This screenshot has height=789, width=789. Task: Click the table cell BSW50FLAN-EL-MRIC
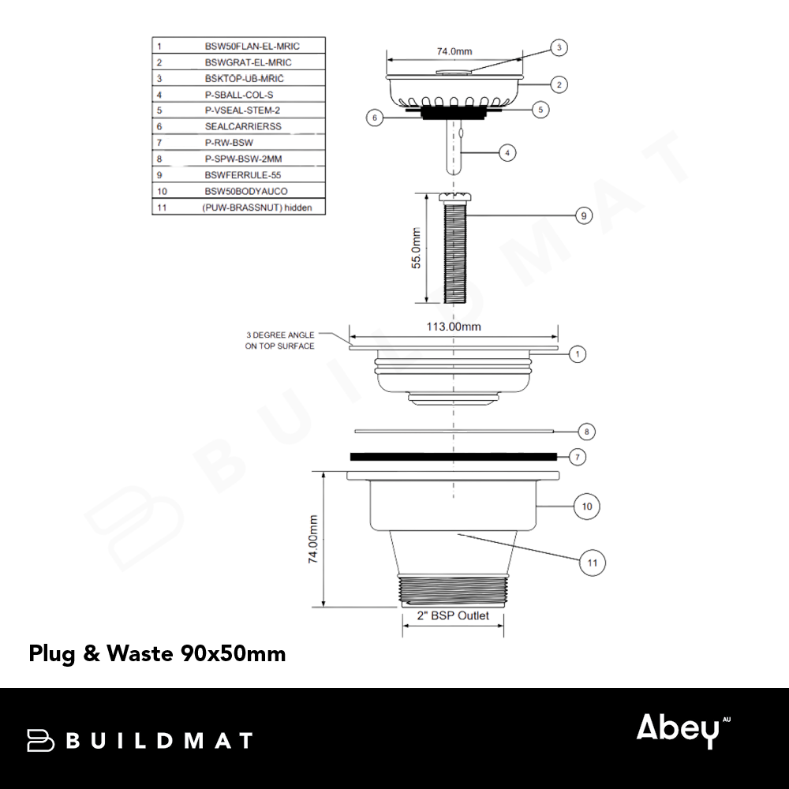tap(252, 47)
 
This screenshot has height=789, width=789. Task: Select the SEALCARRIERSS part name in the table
tap(243, 126)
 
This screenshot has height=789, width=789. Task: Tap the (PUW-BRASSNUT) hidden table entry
tap(257, 208)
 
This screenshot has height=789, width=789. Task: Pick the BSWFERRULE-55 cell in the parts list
tap(242, 175)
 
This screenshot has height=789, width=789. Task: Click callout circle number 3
tap(559, 48)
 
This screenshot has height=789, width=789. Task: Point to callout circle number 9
tap(584, 216)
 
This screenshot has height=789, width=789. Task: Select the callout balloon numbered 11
tap(593, 563)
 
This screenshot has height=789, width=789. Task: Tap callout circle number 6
tap(374, 118)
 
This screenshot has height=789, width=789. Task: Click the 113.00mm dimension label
tap(454, 327)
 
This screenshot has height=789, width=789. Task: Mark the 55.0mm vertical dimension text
tap(416, 248)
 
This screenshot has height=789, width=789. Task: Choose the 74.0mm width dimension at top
tap(454, 51)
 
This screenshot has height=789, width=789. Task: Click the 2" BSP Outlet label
tap(453, 616)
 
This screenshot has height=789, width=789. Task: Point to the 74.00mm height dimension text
tap(313, 539)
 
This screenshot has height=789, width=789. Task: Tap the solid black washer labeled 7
tap(454, 456)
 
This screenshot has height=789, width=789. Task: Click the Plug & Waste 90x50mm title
tap(157, 653)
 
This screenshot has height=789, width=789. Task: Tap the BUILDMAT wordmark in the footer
tap(140, 741)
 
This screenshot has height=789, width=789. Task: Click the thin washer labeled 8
tap(454, 432)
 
